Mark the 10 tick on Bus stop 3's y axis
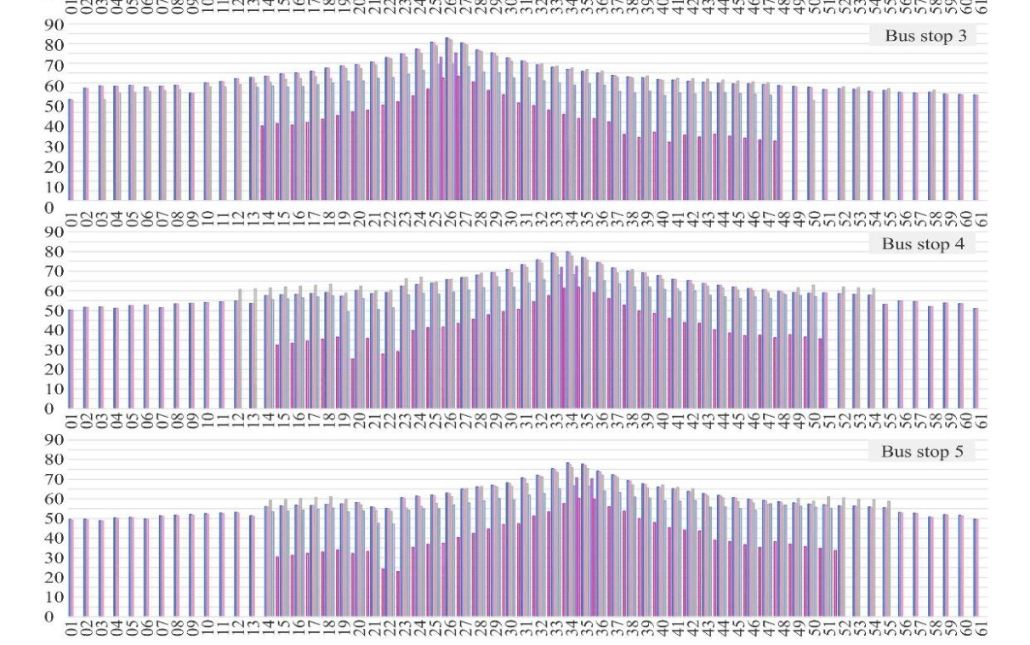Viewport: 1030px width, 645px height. coord(54,187)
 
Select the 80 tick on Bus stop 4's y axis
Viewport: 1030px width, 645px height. coord(54,252)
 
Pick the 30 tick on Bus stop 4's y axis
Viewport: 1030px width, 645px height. coord(54,350)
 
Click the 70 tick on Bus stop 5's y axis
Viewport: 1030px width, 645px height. coord(54,479)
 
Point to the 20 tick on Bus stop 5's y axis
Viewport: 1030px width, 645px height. coord(54,577)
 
